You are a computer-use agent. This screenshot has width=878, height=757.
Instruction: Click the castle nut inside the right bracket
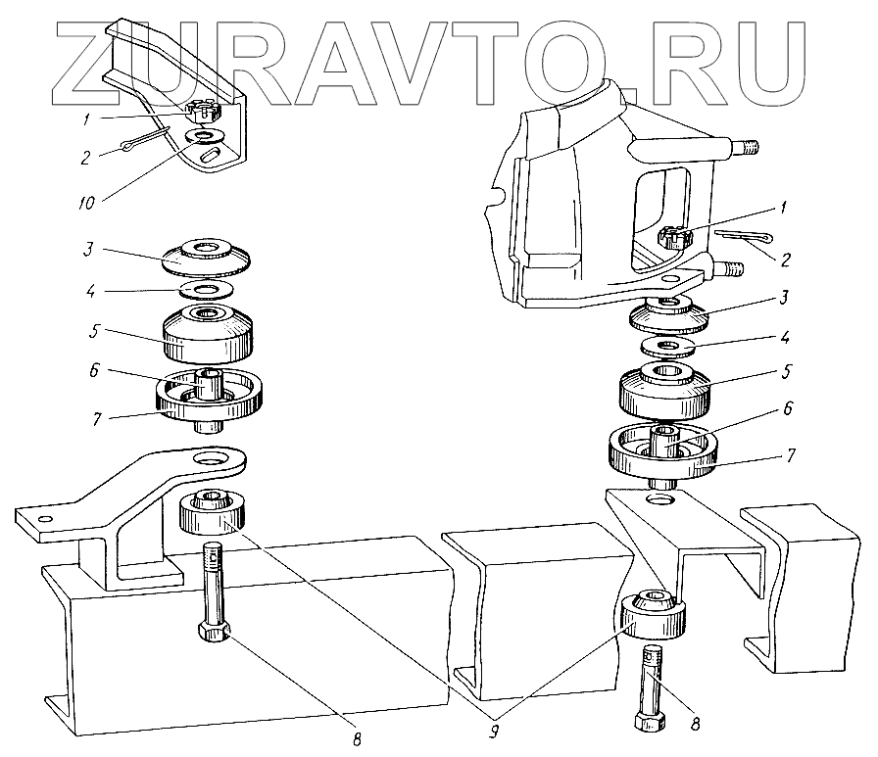coord(677,236)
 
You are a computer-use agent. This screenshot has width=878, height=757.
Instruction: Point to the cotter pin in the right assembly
coord(742,236)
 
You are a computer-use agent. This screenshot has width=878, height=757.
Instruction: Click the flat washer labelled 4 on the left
coord(205,290)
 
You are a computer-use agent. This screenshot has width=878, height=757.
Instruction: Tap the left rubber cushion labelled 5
coord(209,333)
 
